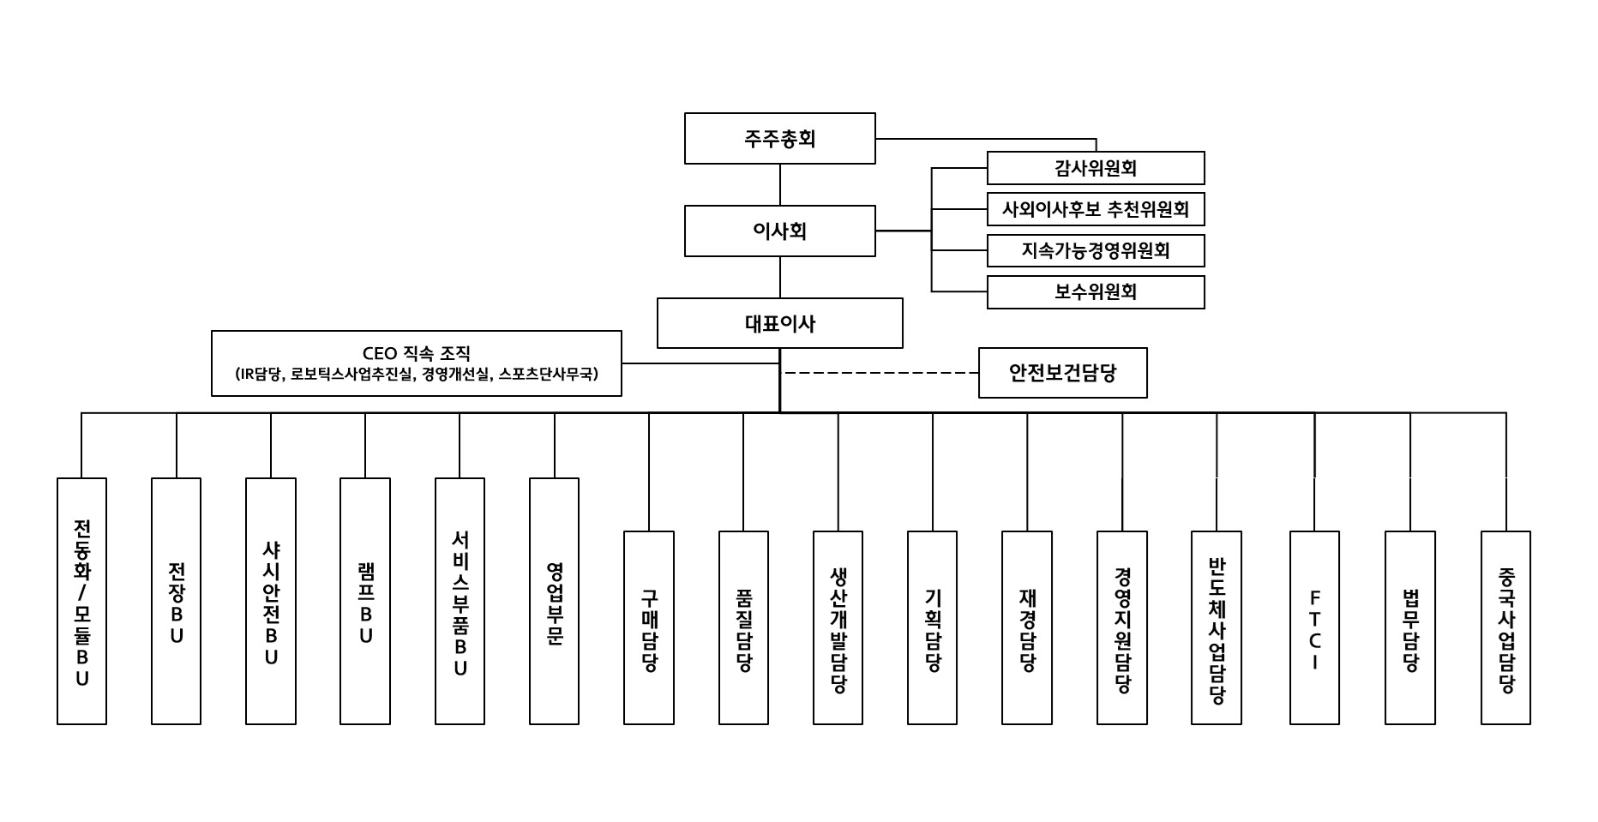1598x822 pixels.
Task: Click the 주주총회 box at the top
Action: (x=779, y=138)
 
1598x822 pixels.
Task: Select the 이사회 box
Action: (x=779, y=231)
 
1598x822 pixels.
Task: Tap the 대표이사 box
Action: (x=779, y=323)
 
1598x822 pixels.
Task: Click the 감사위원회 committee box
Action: (x=1095, y=168)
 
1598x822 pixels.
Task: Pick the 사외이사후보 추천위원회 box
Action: (x=1095, y=209)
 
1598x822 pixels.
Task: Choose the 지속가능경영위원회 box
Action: (x=1095, y=250)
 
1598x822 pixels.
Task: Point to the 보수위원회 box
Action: (x=1095, y=291)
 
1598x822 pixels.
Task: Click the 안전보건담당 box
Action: (x=1062, y=373)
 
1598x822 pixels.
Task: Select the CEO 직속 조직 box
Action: (x=416, y=363)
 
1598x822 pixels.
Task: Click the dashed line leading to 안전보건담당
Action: (x=881, y=373)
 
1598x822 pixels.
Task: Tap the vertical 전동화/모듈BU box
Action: (x=82, y=601)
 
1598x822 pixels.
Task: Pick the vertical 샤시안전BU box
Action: (x=271, y=601)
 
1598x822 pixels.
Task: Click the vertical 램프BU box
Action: (x=365, y=601)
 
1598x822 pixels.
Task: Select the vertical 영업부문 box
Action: (x=554, y=601)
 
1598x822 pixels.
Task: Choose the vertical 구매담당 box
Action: (x=649, y=627)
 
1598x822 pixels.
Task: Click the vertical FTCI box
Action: (x=1314, y=627)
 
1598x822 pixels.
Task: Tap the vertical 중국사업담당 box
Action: (x=1505, y=627)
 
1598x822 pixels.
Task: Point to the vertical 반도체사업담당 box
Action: (x=1217, y=627)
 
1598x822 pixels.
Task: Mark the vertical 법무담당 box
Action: (x=1410, y=627)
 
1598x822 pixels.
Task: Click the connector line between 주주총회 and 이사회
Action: (x=779, y=184)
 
